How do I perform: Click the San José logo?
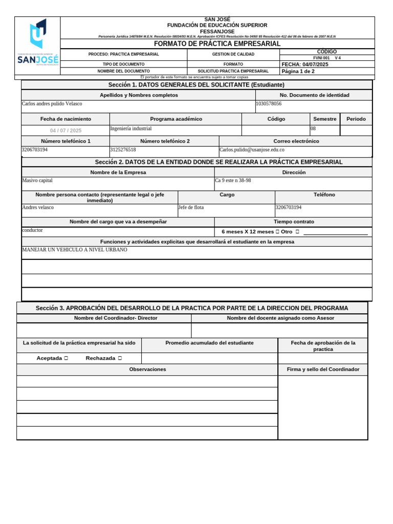38,45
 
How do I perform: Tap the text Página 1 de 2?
298,71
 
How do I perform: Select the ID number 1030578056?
269,104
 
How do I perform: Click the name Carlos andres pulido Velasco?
52,104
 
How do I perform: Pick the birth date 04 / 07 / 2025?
65,130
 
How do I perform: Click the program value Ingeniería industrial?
131,129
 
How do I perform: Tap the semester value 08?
313,129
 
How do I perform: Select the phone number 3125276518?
123,150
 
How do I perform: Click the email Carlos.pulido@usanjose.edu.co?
252,150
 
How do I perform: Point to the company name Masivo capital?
37,181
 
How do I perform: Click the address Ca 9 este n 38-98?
233,181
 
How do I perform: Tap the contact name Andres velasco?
38,208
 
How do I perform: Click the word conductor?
33,230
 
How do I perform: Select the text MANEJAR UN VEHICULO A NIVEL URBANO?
75,250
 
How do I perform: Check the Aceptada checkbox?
67,358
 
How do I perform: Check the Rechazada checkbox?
120,358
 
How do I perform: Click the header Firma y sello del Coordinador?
323,369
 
